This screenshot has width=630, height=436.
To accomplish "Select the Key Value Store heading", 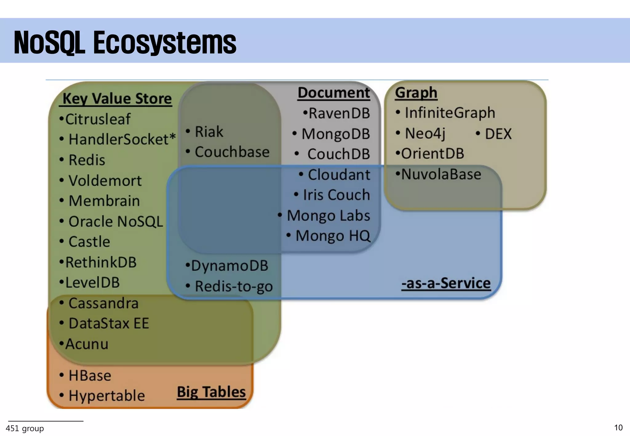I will [117, 99].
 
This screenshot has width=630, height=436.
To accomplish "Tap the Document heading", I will [334, 93].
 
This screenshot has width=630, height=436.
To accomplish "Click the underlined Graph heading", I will [416, 93].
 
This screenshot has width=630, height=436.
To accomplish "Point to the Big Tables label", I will [211, 392].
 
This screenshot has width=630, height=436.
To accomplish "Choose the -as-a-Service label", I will [446, 283].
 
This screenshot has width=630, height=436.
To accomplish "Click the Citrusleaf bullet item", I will [98, 119].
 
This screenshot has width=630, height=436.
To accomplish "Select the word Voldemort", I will [105, 180].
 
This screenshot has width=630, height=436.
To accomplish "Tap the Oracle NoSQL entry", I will [116, 221].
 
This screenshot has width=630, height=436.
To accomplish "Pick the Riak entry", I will [209, 132].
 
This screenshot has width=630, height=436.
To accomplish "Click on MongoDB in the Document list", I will [336, 134].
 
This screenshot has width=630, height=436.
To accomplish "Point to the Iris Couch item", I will [336, 195].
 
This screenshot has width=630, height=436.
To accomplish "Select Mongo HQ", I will [333, 236].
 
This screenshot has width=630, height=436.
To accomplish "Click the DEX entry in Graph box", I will [498, 134].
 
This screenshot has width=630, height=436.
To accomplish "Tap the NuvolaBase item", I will [441, 174].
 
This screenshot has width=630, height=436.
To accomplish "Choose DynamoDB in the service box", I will [229, 266].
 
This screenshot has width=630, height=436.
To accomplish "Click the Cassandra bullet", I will [103, 303].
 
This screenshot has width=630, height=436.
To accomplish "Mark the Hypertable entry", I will [106, 396].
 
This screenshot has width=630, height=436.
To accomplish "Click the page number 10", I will [618, 428].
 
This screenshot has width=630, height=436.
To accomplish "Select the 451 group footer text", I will [25, 428].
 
